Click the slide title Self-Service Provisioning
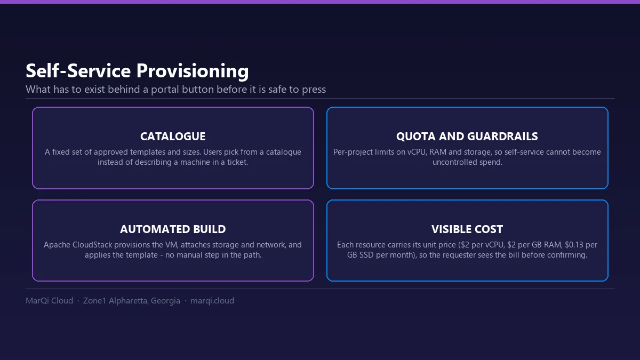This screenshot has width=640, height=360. point(137,70)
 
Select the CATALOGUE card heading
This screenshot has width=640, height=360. point(173,137)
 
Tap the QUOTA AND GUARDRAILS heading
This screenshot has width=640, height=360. point(467,137)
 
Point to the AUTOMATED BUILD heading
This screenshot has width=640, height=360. point(173,229)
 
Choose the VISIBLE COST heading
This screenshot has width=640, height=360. point(467,229)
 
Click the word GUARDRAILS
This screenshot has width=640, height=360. point(502,137)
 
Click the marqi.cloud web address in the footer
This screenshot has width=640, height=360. point(212,301)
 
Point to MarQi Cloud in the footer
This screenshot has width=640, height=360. point(50,301)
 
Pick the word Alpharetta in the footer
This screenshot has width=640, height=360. point(129,301)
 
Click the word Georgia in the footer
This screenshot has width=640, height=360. point(165,301)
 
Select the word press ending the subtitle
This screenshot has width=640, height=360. point(314,90)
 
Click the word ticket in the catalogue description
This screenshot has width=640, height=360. point(237,162)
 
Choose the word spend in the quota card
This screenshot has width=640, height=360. point(492,162)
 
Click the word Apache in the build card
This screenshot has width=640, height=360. point(57,245)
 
